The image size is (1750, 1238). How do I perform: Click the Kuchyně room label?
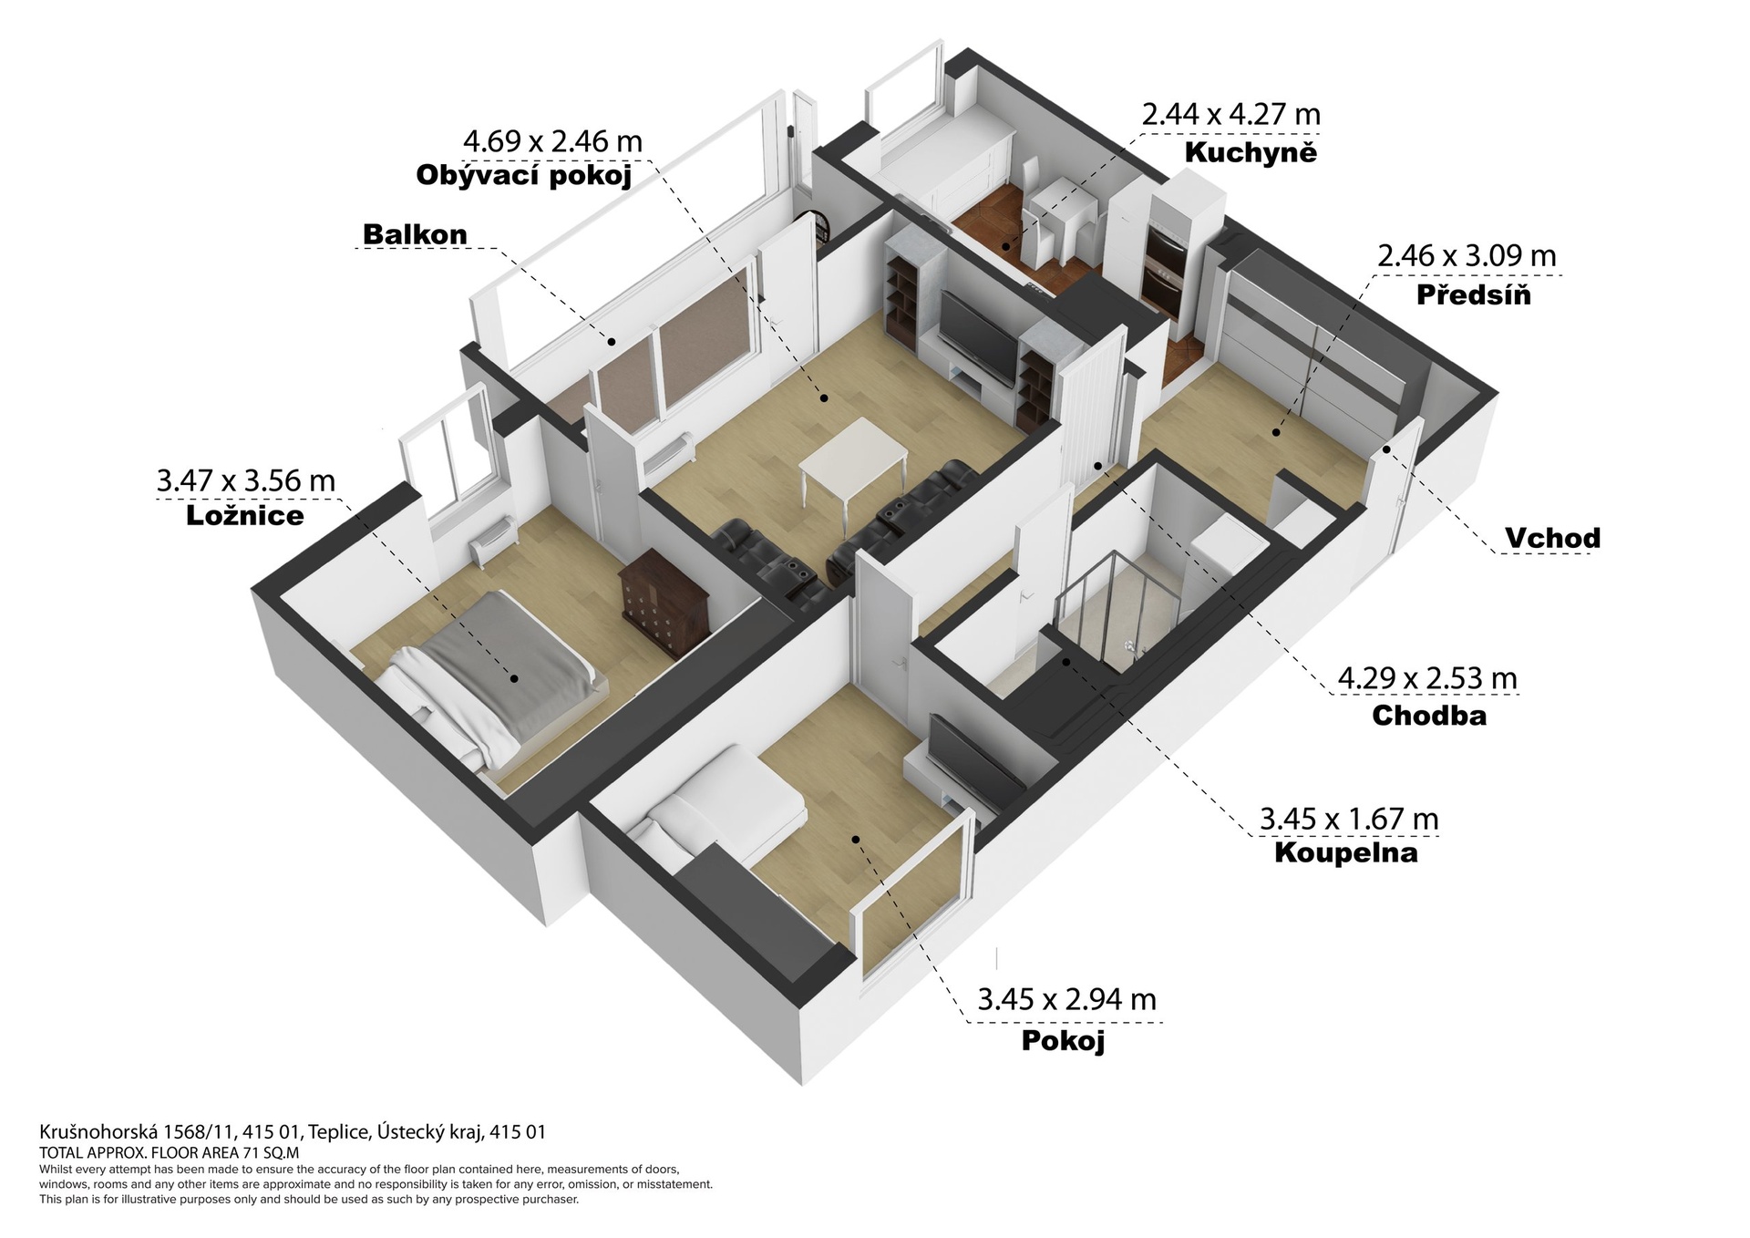coord(1251,152)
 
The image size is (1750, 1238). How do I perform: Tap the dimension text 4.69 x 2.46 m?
coord(553,141)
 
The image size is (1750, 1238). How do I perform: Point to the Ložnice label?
coord(244,516)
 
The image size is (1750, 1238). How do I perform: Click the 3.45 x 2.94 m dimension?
coord(1066,1000)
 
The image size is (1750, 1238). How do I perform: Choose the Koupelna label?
coord(1345,853)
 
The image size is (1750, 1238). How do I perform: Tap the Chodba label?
coord(1429,716)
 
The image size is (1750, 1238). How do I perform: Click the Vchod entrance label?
coord(1552,538)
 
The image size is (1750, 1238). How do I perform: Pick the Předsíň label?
coord(1474,294)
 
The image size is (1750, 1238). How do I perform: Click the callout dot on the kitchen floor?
coord(1006,245)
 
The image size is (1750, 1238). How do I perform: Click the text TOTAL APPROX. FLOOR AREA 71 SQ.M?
coord(170,1152)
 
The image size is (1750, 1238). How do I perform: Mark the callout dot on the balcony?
coord(612,342)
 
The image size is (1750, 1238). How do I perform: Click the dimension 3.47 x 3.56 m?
coord(246,480)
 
